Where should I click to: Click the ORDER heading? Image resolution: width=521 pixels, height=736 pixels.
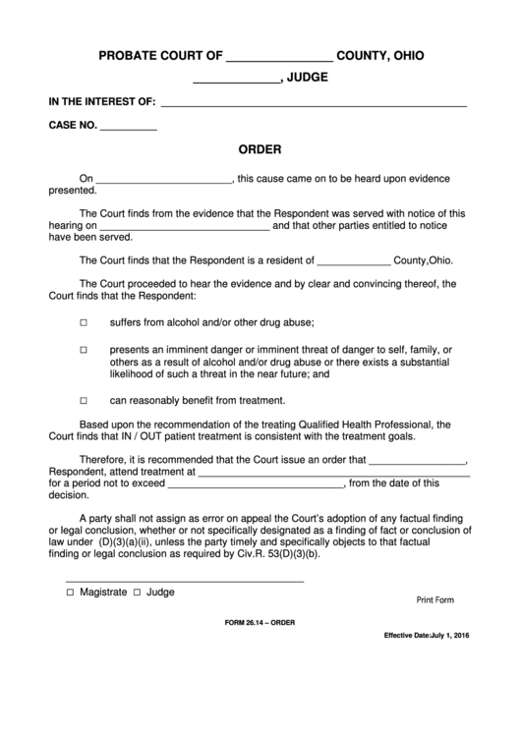pyautogui.click(x=260, y=151)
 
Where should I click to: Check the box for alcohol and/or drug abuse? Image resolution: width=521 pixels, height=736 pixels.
pyautogui.click(x=84, y=323)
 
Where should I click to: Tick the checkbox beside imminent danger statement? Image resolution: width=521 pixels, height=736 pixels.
pyautogui.click(x=84, y=350)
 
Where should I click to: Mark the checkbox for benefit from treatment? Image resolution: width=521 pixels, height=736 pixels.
pyautogui.click(x=84, y=401)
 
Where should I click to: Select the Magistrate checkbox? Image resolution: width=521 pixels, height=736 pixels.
pyautogui.click(x=70, y=594)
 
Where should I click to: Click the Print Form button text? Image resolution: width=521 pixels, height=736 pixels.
pyautogui.click(x=435, y=599)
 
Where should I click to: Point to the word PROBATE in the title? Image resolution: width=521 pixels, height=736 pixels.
pyautogui.click(x=132, y=57)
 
